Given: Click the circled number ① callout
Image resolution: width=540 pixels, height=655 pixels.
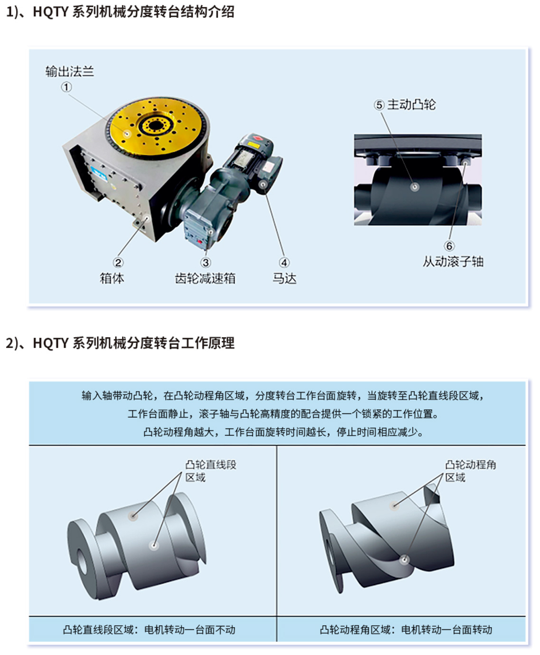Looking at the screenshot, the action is (x=66, y=87).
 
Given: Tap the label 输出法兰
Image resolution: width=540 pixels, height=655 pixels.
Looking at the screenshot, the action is (x=69, y=71).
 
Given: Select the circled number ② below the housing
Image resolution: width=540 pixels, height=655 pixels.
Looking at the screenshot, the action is (x=118, y=262).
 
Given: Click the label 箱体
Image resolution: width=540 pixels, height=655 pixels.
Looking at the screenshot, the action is (x=112, y=278).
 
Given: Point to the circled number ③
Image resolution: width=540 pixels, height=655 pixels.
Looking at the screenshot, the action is (x=206, y=262).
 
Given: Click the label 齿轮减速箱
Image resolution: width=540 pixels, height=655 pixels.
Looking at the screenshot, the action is (x=205, y=278).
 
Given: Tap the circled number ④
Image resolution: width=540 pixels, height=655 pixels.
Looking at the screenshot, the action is (x=284, y=262).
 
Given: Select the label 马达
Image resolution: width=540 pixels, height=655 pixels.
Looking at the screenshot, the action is (x=284, y=278).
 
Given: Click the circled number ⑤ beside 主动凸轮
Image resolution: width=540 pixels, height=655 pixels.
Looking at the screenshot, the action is (x=379, y=105).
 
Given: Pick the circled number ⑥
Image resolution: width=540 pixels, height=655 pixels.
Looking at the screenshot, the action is (x=449, y=245).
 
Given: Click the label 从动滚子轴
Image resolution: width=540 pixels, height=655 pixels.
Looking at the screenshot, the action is (x=453, y=261).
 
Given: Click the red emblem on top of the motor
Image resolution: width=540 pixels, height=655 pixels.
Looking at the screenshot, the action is (x=258, y=138).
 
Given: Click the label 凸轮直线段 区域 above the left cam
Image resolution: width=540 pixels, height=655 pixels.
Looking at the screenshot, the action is (x=210, y=471).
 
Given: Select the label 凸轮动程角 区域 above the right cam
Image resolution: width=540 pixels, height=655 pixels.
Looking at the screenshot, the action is (x=471, y=471).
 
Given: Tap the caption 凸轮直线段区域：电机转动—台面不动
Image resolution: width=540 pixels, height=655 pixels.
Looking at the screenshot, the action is (x=149, y=630).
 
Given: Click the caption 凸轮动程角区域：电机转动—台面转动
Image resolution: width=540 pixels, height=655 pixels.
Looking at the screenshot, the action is (x=406, y=630).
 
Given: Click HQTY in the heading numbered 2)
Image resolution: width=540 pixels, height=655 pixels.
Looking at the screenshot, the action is (x=50, y=343).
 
